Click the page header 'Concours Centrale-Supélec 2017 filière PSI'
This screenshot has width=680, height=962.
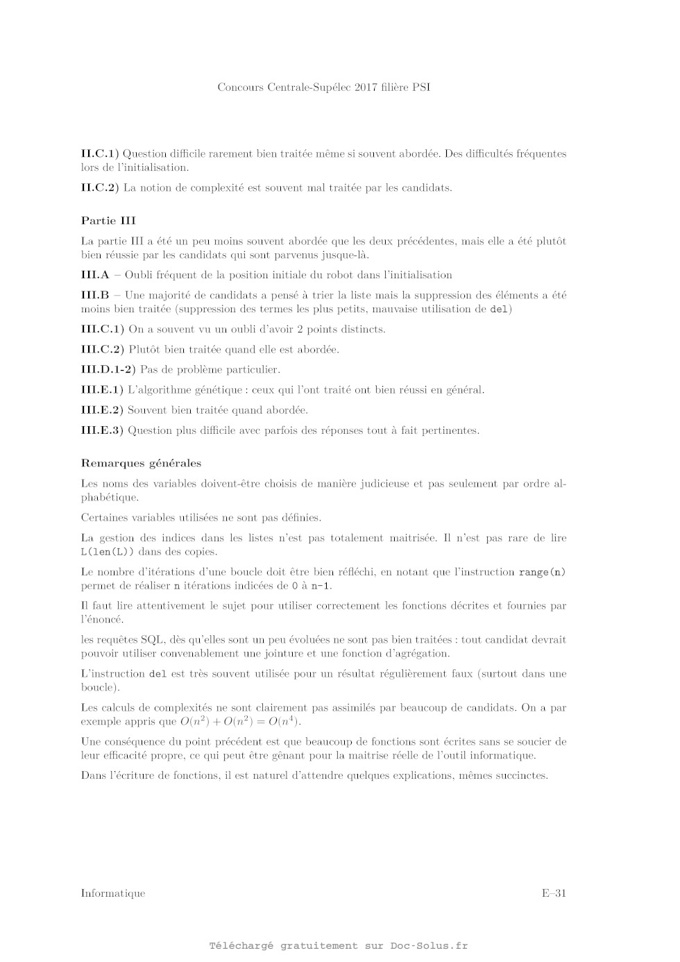click(323, 87)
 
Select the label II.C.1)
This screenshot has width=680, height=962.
click(100, 153)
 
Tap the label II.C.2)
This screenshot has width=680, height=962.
click(100, 187)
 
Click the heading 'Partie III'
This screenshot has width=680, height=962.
click(108, 221)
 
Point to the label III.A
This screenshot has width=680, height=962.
click(95, 275)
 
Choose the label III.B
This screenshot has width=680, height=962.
click(95, 295)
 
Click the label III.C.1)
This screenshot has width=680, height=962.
click(103, 329)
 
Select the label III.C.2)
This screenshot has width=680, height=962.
click(103, 349)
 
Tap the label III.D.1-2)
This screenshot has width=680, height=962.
click(108, 369)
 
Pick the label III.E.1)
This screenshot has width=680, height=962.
click(102, 390)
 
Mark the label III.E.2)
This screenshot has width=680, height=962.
click(102, 410)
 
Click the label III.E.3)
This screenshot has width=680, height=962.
click(102, 430)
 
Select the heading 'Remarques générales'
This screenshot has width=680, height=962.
click(141, 463)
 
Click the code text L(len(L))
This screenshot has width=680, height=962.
click(105, 552)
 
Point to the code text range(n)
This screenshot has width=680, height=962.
click(542, 573)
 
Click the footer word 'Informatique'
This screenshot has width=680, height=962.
click(113, 893)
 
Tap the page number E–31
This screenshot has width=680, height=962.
click(554, 893)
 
